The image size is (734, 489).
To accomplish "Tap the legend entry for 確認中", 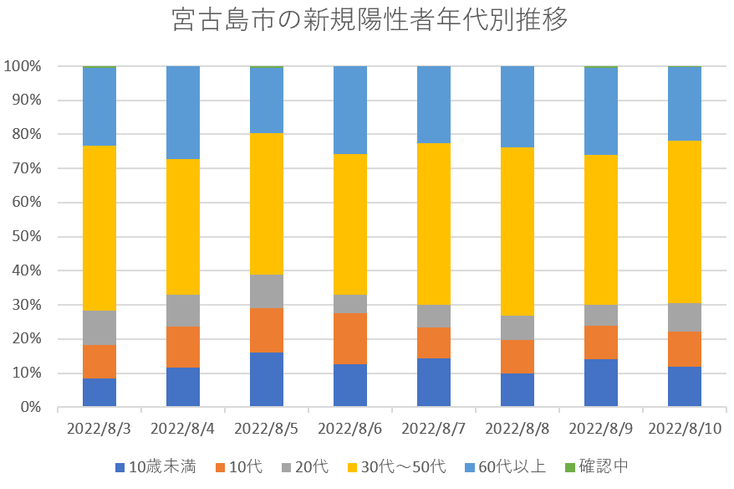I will click(602, 467).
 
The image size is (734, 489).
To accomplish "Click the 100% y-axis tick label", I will click(25, 66).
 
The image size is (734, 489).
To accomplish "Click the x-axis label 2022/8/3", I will click(99, 429).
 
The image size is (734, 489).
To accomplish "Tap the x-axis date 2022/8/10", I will click(685, 429).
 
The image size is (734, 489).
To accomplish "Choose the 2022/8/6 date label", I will click(350, 429).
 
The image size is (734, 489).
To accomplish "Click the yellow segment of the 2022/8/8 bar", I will click(517, 231).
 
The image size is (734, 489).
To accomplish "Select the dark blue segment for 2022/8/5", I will click(267, 380).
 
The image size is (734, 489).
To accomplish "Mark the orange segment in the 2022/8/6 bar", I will click(350, 338).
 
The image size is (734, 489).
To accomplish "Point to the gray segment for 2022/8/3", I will click(99, 327).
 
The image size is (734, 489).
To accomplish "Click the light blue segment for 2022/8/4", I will click(183, 112).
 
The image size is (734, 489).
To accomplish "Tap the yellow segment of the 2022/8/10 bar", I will click(685, 222).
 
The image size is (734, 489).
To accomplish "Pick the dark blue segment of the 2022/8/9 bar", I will click(601, 383).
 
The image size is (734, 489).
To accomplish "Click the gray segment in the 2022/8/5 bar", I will click(267, 291).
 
